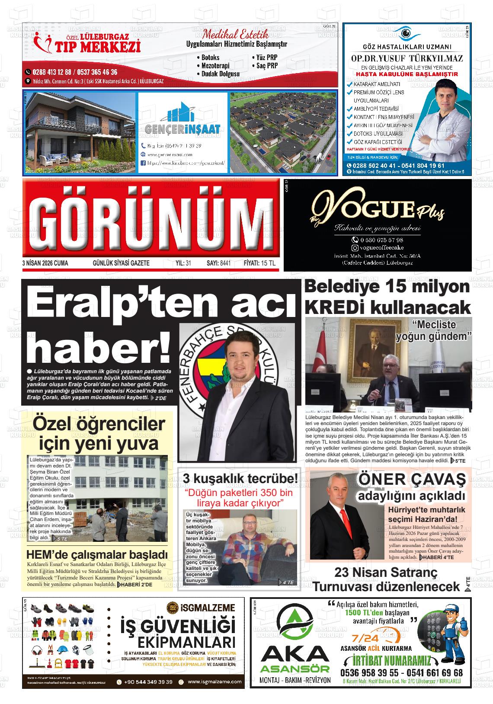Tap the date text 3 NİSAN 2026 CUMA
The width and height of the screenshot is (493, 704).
pos(45,263)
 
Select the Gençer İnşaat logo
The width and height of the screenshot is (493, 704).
pos(182,122)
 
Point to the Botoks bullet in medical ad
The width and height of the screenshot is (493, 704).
pos(210,58)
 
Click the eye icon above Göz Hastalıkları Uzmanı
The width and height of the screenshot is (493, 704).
pos(406,33)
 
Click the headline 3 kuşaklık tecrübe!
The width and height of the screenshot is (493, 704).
pos(240,478)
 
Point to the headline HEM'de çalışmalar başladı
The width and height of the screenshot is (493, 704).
pos(97,555)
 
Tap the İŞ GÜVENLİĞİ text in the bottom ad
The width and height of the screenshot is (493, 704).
pos(178,626)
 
